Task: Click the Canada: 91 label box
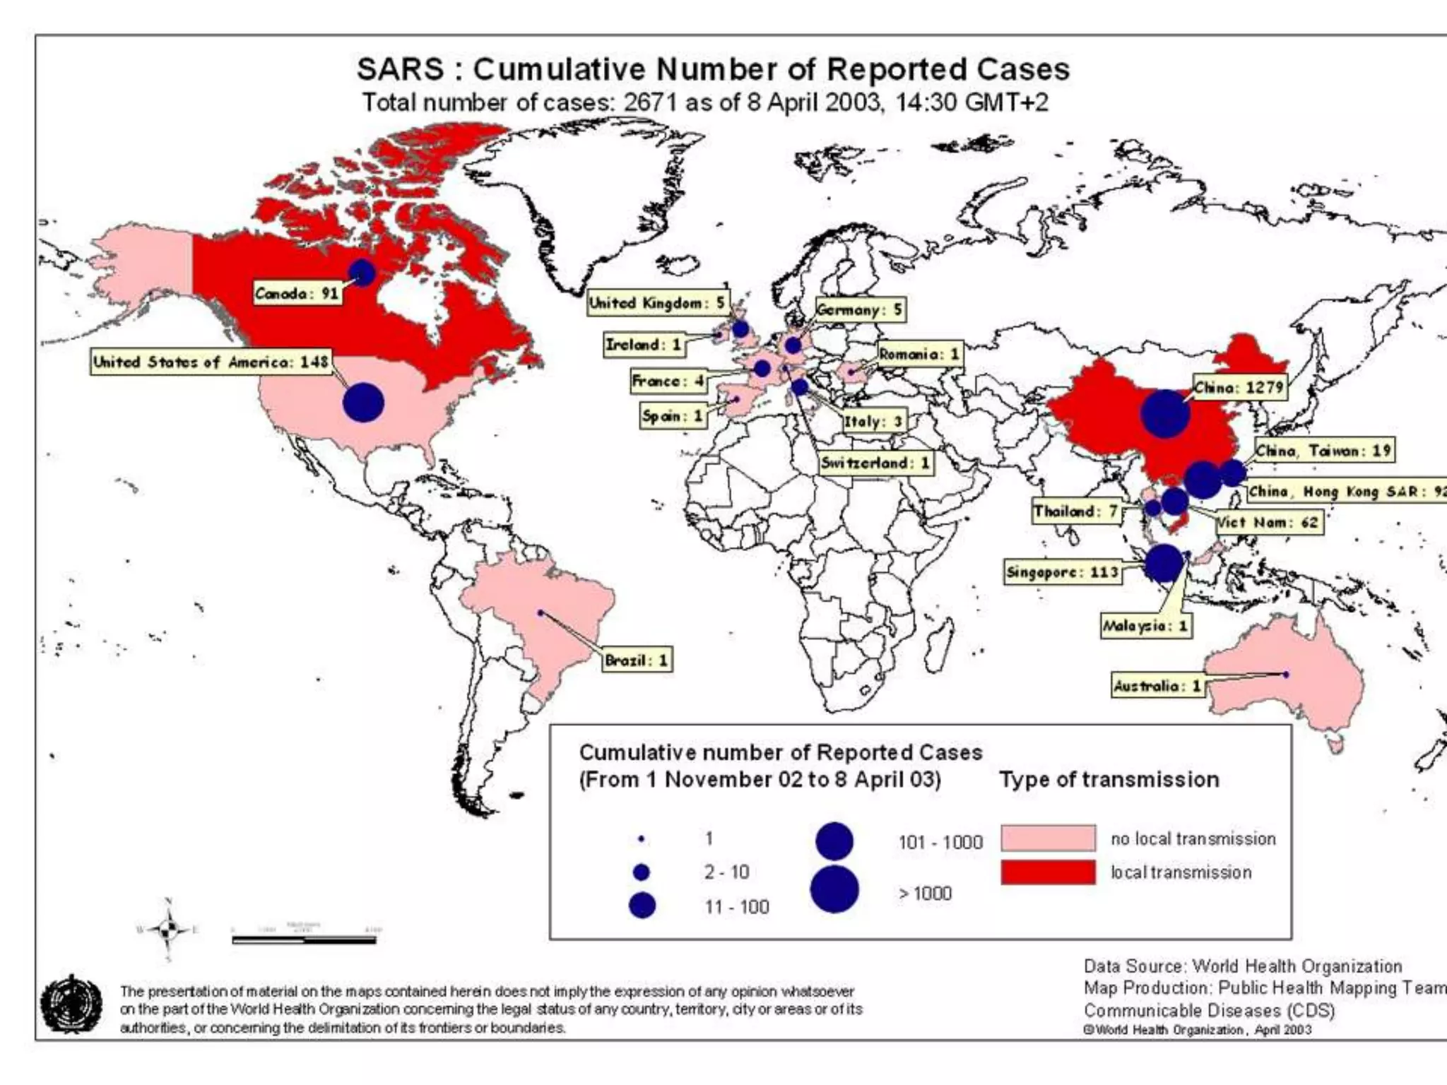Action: point(297,293)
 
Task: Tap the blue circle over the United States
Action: point(363,403)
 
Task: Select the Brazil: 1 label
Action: point(637,660)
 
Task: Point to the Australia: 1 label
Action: point(1157,686)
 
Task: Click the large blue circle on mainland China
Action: point(1164,414)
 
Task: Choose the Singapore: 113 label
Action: point(1063,571)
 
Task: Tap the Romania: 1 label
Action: point(919,354)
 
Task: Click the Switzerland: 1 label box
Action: point(875,463)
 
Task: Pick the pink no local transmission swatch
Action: point(1048,838)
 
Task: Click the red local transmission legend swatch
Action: point(1048,872)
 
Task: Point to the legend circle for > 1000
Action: point(834,889)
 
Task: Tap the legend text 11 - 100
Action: point(736,907)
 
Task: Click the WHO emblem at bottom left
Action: point(71,1004)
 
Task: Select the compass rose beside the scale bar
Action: point(168,930)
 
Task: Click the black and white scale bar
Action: point(304,939)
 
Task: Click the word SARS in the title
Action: point(401,69)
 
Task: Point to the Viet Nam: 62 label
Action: point(1268,523)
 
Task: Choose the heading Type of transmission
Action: point(1109,779)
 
